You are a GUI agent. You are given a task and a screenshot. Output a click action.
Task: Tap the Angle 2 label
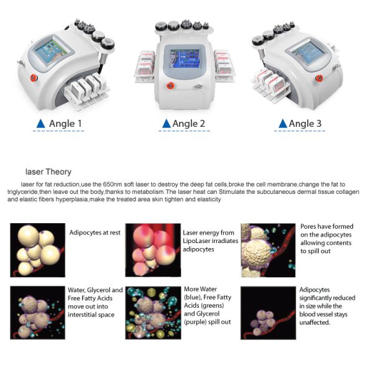(189, 124)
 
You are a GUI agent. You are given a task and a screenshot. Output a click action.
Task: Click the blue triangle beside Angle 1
(40, 124)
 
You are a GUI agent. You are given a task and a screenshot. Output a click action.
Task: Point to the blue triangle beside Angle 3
(283, 124)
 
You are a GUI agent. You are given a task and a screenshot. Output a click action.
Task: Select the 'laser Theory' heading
(48, 172)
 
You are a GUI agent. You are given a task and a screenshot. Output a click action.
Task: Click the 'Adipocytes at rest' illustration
(38, 251)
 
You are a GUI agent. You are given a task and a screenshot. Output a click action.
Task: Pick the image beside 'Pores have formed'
(268, 251)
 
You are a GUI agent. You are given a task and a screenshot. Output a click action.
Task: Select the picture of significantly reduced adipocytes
(268, 312)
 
